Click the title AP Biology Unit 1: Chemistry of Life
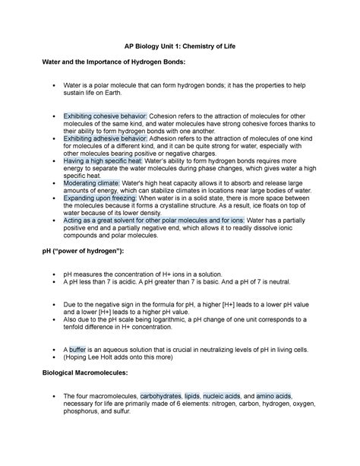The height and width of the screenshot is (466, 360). coord(179,46)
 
